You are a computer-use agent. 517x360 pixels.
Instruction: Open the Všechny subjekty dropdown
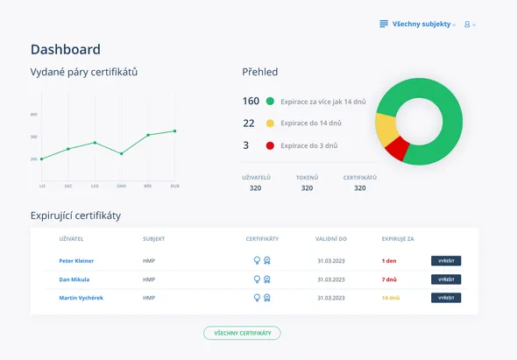[x=418, y=24]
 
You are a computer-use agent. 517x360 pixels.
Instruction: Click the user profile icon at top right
[x=468, y=24]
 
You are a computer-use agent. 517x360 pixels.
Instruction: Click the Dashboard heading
[x=65, y=50]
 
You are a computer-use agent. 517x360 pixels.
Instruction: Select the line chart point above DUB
[x=174, y=131]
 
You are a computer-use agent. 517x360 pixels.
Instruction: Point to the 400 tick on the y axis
[x=33, y=115]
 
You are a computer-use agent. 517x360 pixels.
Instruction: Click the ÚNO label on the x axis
[x=121, y=186]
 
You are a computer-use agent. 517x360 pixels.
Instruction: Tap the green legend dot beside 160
[x=270, y=101]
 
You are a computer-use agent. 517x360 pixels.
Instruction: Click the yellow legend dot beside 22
[x=270, y=124]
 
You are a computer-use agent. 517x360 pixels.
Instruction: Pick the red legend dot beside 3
[x=270, y=145]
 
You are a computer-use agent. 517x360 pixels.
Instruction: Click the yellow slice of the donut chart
[x=386, y=130]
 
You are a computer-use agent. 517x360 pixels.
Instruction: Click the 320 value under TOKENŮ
[x=307, y=187]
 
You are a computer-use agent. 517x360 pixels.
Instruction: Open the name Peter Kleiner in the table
[x=76, y=261]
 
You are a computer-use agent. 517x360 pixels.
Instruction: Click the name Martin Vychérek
[x=81, y=298]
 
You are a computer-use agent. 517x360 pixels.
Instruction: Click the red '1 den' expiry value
[x=390, y=261]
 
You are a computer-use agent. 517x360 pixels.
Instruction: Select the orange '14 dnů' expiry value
[x=391, y=298]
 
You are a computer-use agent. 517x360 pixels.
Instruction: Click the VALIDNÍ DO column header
[x=331, y=238]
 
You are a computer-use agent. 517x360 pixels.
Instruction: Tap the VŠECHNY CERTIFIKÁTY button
[x=242, y=333]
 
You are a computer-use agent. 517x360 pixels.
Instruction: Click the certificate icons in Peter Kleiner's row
[x=262, y=261]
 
